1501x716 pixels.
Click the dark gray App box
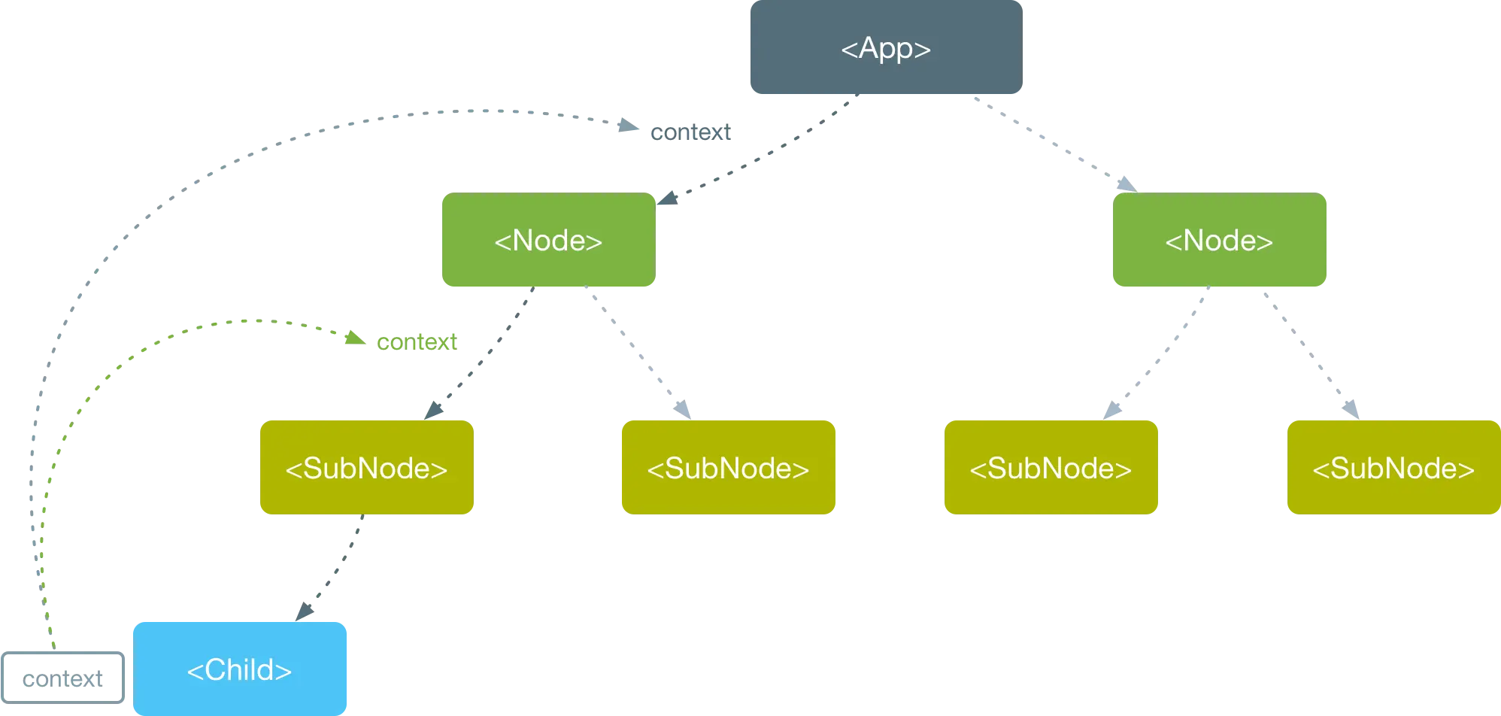click(886, 47)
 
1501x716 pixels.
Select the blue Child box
click(240, 669)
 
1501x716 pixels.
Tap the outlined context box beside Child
click(63, 678)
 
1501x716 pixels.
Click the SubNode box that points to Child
click(367, 467)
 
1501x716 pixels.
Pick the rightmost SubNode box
click(1393, 467)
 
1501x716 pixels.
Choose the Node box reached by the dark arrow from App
click(549, 239)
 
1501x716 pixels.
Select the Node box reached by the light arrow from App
click(1219, 239)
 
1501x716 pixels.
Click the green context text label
click(417, 341)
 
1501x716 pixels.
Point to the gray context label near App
click(690, 132)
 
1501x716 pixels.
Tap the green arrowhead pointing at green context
click(355, 338)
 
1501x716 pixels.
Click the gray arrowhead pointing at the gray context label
click(629, 125)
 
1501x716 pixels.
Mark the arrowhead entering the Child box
click(305, 611)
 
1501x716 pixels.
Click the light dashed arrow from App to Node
click(1055, 144)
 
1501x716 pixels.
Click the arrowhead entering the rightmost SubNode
click(1351, 409)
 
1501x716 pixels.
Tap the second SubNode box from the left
click(729, 467)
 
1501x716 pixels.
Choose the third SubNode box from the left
click(1051, 467)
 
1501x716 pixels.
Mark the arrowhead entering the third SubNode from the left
click(1112, 410)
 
